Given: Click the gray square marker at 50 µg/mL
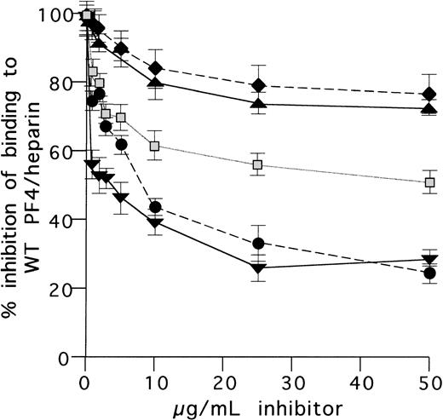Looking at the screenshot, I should click(430, 182).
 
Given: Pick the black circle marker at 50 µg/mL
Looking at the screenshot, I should click(429, 273).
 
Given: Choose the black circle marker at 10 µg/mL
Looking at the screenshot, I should click(155, 207).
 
